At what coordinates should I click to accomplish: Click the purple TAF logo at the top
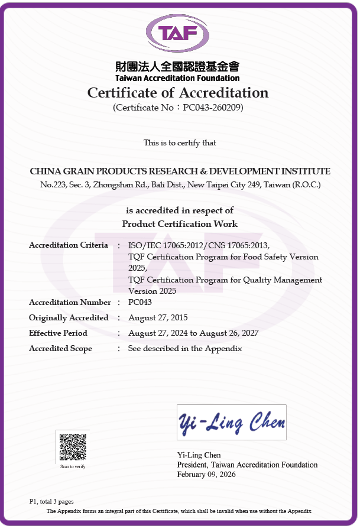(x=177, y=33)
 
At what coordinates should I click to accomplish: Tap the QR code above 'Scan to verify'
(x=73, y=447)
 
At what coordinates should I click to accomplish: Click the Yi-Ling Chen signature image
(x=231, y=422)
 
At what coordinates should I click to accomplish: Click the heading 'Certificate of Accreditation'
(x=178, y=93)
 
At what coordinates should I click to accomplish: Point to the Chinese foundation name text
(x=177, y=67)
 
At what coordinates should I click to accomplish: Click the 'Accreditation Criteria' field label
(x=69, y=245)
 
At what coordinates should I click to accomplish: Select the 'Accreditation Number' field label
(x=70, y=303)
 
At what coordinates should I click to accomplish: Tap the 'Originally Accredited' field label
(x=69, y=318)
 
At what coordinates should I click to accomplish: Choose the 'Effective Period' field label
(x=58, y=333)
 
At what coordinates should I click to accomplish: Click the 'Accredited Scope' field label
(x=60, y=349)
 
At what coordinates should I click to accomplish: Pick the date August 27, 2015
(x=158, y=318)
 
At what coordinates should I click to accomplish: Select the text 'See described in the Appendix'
(x=185, y=349)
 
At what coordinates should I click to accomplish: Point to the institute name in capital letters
(x=180, y=171)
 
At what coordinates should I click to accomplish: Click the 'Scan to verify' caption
(x=73, y=467)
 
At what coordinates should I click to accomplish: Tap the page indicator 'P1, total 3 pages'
(x=51, y=502)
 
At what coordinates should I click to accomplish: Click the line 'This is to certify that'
(x=180, y=143)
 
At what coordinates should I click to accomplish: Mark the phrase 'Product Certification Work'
(x=180, y=224)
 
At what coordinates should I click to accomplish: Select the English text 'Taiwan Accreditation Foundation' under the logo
(x=177, y=78)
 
